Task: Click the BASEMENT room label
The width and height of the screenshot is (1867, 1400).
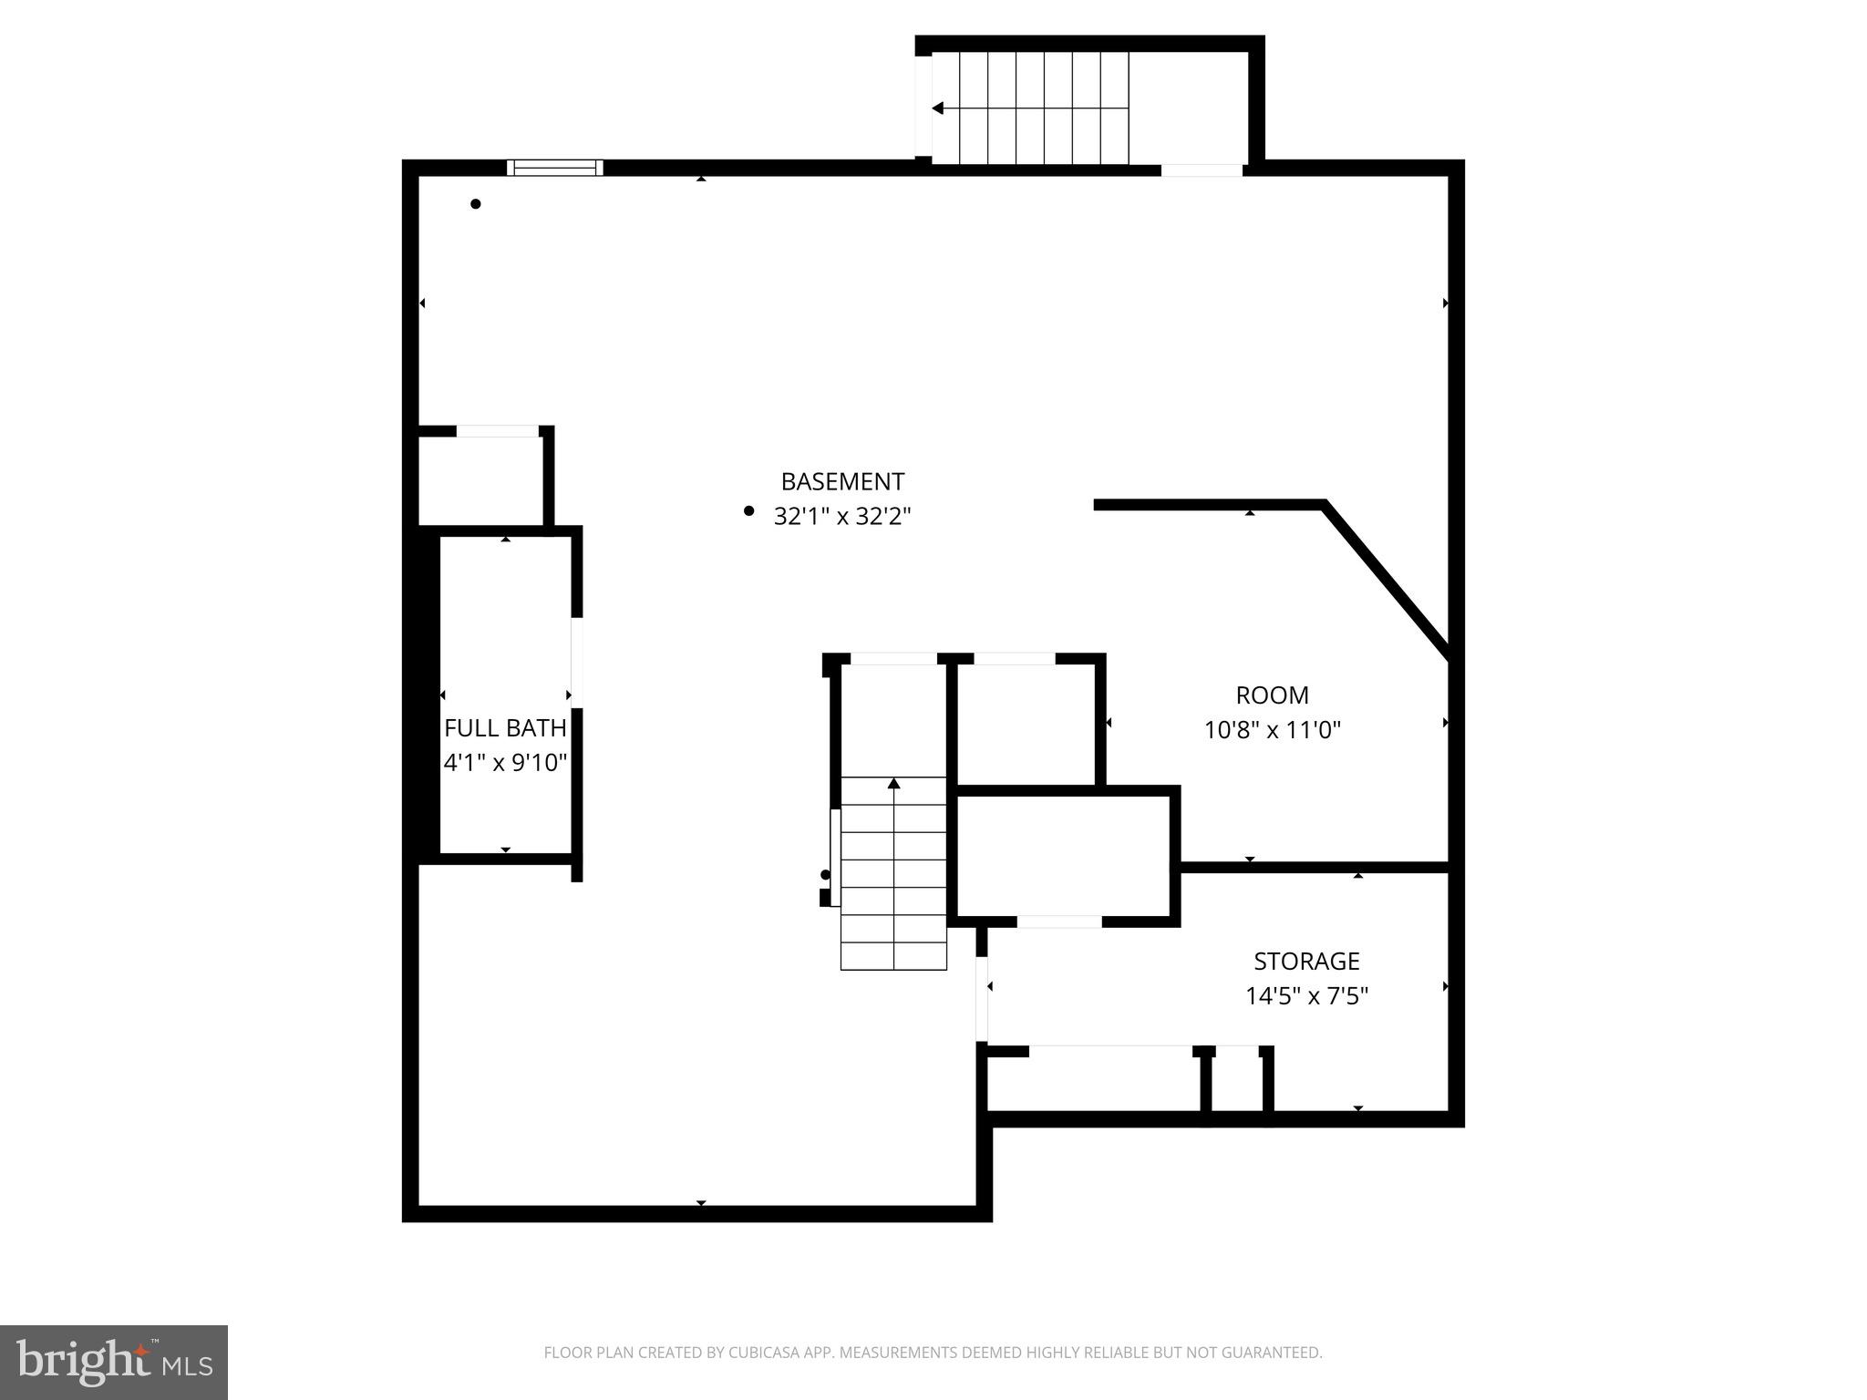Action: (x=842, y=481)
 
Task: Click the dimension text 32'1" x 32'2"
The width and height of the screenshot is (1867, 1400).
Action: (x=842, y=517)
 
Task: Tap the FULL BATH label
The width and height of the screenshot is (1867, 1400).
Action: (x=505, y=727)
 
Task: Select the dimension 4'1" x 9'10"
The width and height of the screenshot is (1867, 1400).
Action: (x=505, y=763)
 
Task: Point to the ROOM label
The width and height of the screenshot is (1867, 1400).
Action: (x=1272, y=695)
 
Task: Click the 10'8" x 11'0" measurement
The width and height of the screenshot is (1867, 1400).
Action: (x=1272, y=730)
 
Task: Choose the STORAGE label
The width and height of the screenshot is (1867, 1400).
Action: (x=1306, y=961)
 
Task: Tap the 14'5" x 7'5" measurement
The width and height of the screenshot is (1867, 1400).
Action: (x=1306, y=996)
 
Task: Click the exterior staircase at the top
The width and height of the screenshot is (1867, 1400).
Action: (x=1030, y=108)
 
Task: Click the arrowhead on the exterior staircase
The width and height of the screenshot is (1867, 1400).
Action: (x=937, y=108)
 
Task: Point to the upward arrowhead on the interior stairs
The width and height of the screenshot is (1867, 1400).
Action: (x=893, y=783)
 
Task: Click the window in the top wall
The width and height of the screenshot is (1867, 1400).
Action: (x=554, y=168)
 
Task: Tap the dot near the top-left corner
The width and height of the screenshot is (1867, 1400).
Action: (x=475, y=204)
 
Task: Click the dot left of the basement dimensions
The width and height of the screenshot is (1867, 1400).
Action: (x=748, y=511)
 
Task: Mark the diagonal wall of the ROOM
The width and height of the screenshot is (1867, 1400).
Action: (x=1386, y=580)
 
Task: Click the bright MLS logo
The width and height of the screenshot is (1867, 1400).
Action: (x=114, y=1362)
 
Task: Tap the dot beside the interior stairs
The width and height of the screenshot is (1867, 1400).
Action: (x=825, y=875)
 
